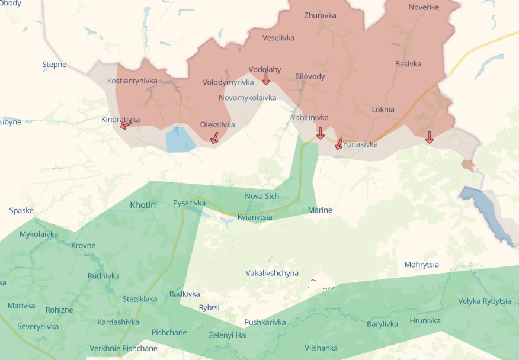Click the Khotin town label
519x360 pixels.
tap(143, 205)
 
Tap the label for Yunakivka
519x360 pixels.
tap(360, 144)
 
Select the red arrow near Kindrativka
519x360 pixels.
tap(126, 124)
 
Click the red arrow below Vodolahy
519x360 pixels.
tap(266, 78)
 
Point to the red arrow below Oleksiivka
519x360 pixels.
tap(214, 138)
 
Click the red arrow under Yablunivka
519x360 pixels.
tap(321, 133)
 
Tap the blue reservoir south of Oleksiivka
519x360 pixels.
tap(180, 140)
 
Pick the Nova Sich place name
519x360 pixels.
tap(262, 196)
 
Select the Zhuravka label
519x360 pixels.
tap(320, 15)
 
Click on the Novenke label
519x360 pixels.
tap(424, 7)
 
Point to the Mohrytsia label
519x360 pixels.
tap(422, 265)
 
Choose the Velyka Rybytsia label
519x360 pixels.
tap(485, 301)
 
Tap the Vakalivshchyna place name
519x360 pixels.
tap(272, 273)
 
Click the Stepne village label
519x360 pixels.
tap(54, 65)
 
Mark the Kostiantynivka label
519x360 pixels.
tap(132, 81)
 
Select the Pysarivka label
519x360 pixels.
tap(189, 203)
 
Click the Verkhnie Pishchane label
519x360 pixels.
tap(123, 348)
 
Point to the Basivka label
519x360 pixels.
tap(408, 64)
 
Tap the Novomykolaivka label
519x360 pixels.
tap(247, 97)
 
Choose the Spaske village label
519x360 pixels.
tap(21, 210)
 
